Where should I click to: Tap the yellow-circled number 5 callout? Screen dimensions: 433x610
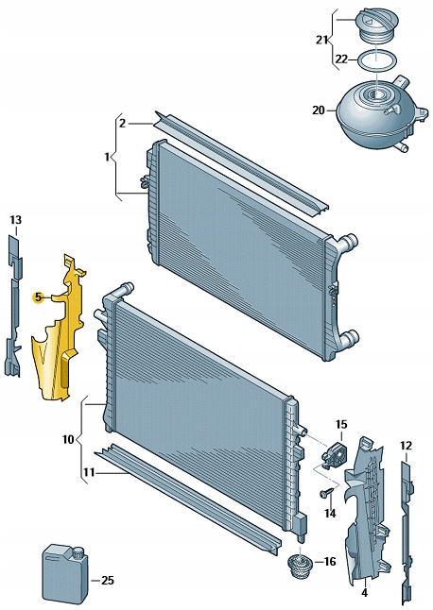tap(38, 297)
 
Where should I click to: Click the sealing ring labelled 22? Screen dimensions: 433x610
tap(377, 59)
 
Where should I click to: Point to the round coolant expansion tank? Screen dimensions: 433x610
tap(380, 115)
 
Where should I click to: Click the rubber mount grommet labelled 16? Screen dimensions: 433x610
tap(301, 568)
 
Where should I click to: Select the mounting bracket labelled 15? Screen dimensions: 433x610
tap(334, 453)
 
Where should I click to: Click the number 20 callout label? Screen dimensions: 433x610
tap(318, 110)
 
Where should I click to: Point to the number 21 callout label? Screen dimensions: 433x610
tap(321, 40)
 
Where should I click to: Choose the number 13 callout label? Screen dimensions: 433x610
tap(16, 220)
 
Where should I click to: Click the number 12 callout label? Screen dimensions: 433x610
tap(406, 446)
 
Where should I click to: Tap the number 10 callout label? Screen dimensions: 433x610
tap(68, 440)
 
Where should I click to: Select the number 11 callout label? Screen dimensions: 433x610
tap(89, 473)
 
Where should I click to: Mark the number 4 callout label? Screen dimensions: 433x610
tap(364, 593)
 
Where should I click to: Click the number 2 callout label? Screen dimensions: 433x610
tap(122, 124)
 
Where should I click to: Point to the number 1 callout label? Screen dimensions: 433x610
tap(107, 157)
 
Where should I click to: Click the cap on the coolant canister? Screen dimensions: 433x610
tap(78, 552)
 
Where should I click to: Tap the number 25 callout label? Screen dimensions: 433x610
tap(108, 581)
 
